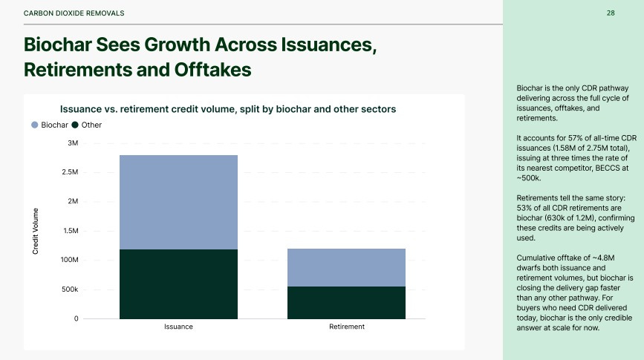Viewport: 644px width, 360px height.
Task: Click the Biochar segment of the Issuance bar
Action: [178, 202]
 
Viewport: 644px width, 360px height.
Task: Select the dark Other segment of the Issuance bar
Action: [178, 284]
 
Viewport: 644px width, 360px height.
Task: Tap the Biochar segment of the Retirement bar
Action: [346, 267]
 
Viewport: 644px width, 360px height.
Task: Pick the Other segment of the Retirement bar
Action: [346, 303]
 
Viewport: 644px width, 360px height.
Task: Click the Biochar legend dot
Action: [35, 125]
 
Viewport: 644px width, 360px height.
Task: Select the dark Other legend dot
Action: [75, 125]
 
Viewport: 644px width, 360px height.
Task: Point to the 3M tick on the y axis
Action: [73, 143]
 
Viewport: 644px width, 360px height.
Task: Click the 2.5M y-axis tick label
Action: [70, 172]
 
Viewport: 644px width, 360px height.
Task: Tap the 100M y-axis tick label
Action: [69, 260]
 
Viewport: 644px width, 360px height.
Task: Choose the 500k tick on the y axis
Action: [70, 289]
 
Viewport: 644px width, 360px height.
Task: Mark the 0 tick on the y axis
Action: [76, 318]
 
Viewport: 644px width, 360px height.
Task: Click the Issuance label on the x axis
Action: [178, 327]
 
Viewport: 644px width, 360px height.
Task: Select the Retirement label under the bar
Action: [347, 327]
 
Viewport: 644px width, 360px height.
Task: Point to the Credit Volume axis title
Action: [36, 231]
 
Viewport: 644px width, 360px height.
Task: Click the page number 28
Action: [611, 13]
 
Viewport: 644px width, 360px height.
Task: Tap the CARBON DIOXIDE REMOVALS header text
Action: [74, 13]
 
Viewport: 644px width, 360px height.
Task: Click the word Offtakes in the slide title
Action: [212, 70]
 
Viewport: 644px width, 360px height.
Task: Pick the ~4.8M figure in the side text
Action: [603, 258]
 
